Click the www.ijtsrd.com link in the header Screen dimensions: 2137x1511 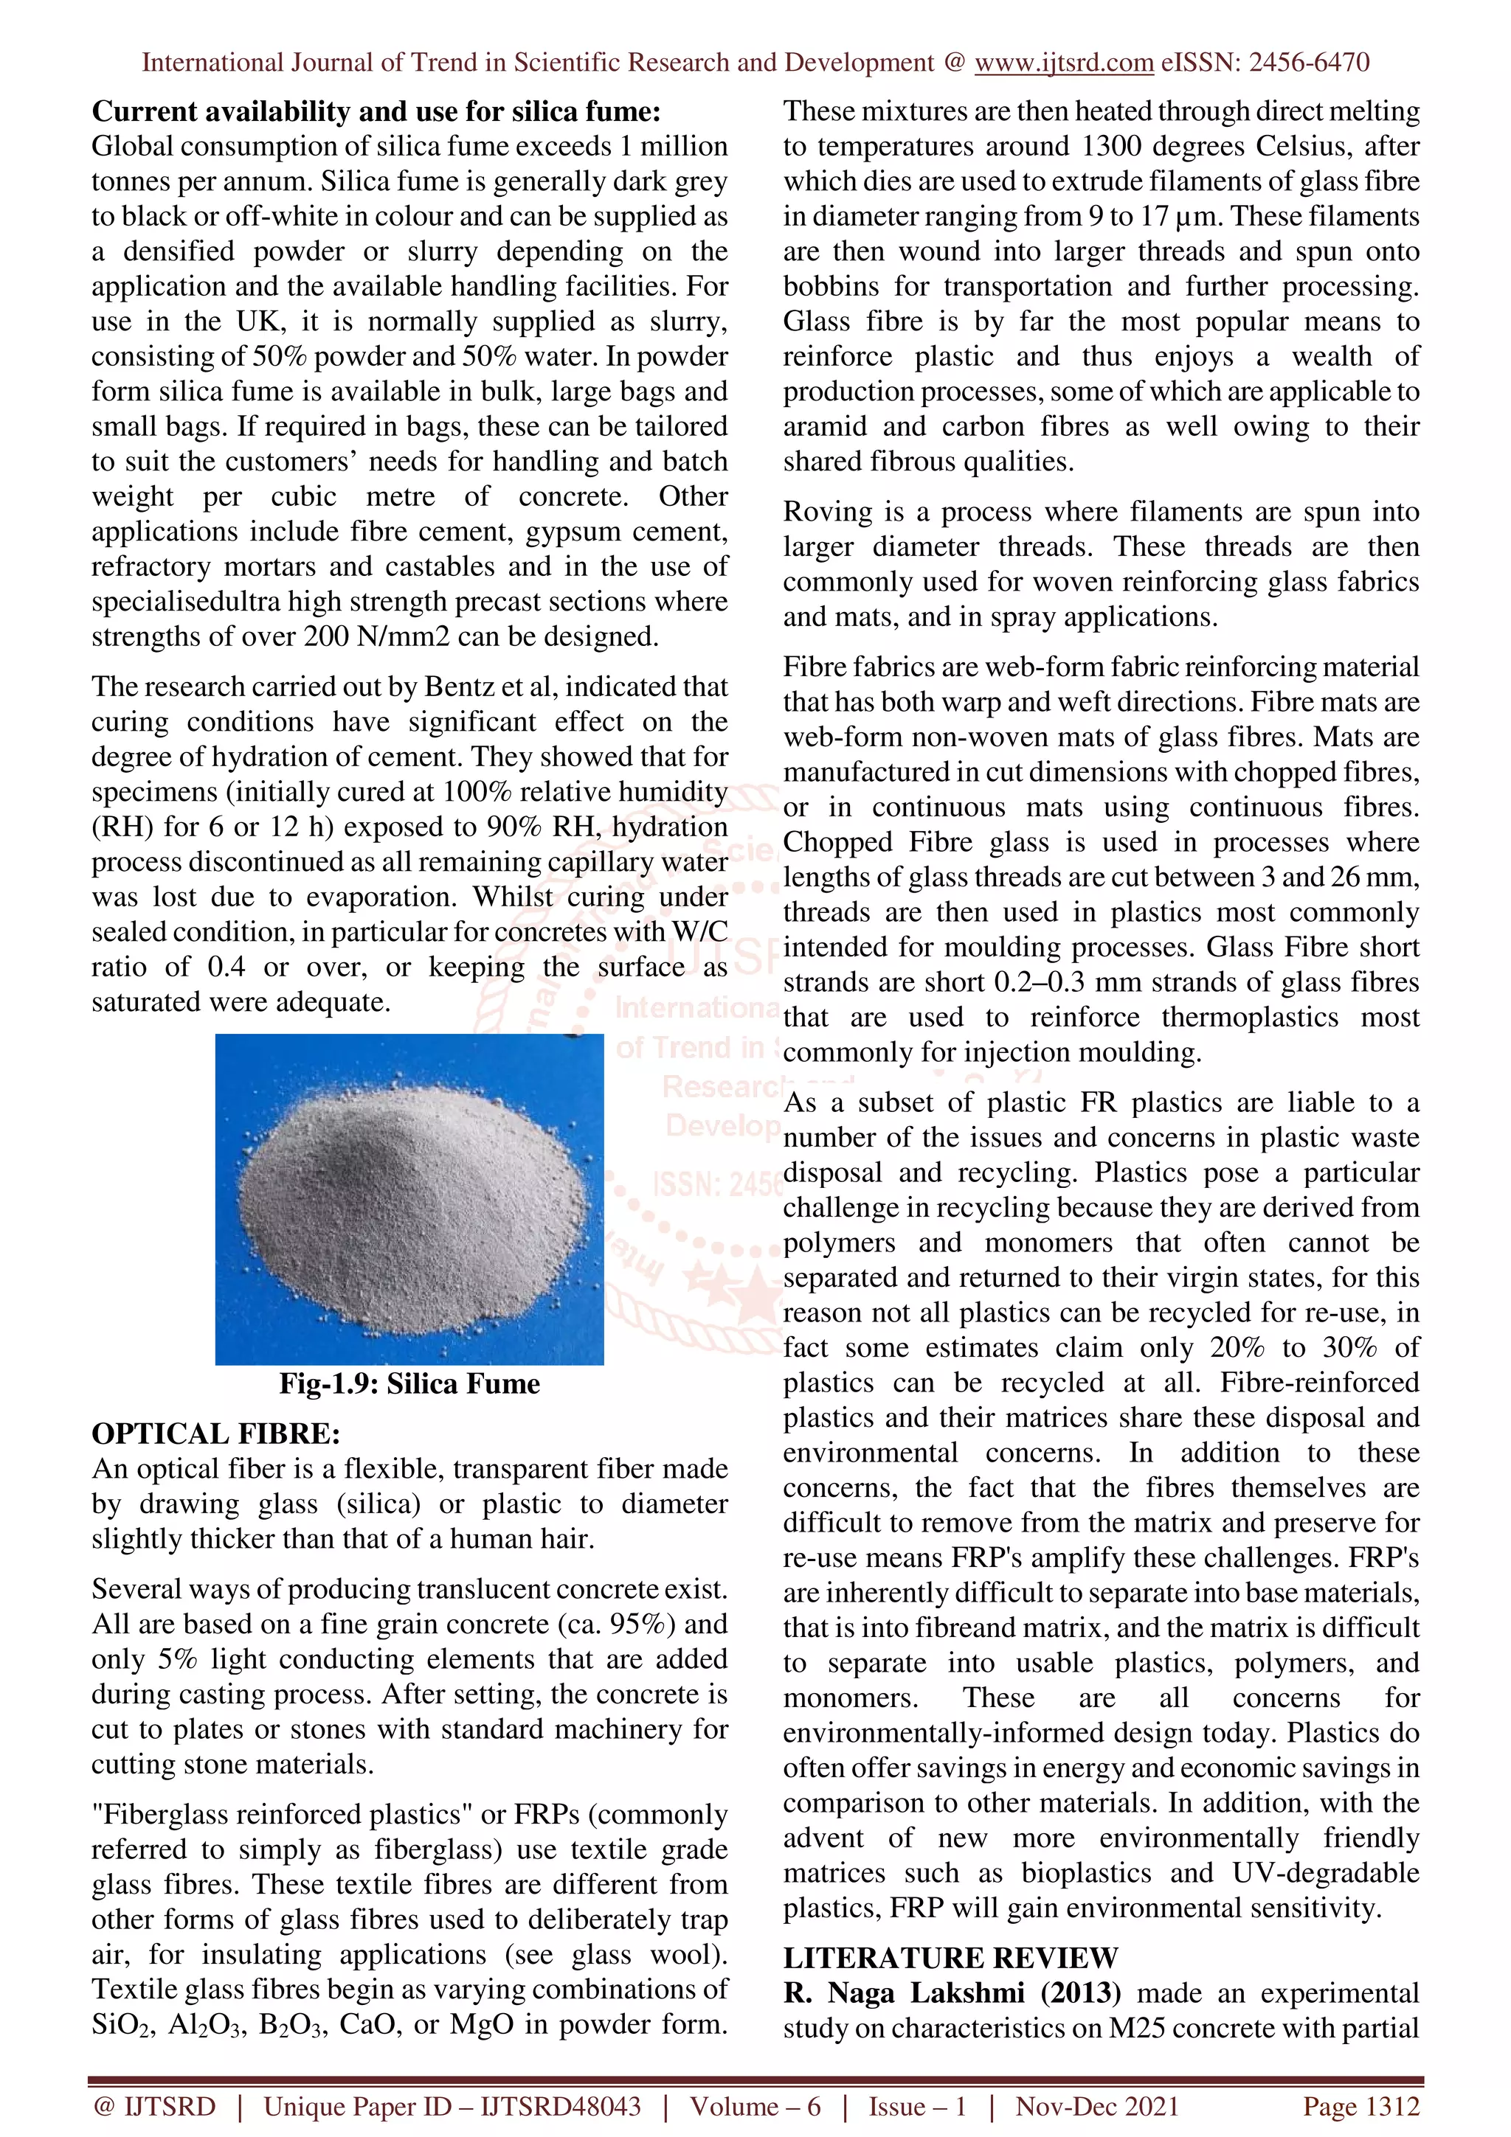click(x=1064, y=63)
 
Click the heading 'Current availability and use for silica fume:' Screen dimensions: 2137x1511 click(x=376, y=111)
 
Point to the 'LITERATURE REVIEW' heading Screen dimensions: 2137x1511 click(x=950, y=1959)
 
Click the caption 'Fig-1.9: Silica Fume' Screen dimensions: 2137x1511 click(x=409, y=1384)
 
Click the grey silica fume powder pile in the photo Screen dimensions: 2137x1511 click(x=409, y=1200)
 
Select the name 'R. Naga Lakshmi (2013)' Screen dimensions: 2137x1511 click(x=952, y=1992)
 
